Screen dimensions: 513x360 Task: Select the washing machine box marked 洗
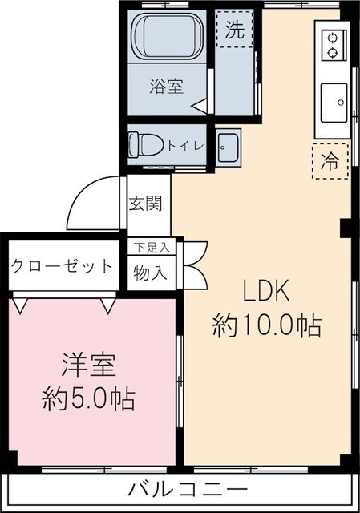point(233,31)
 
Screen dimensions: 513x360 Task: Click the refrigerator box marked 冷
point(330,160)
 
